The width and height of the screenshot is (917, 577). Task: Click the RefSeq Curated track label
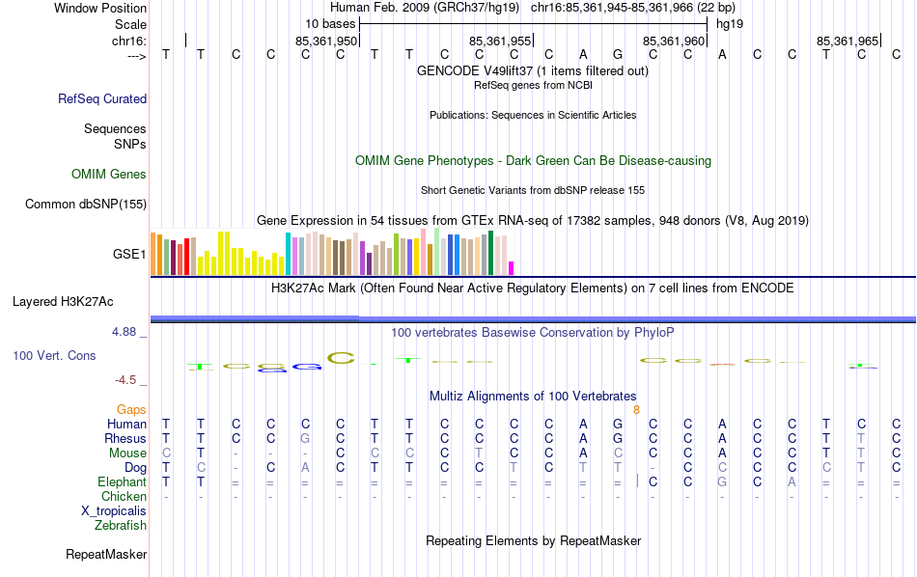pos(102,98)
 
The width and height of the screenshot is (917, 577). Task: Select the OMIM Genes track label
pos(109,175)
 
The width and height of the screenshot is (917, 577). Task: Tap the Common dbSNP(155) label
pos(86,204)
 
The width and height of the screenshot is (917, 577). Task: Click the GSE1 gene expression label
pos(129,255)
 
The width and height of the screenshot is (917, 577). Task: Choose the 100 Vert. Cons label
pos(54,356)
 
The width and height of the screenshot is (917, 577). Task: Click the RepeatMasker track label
pos(106,555)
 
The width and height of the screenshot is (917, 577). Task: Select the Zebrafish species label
pos(121,526)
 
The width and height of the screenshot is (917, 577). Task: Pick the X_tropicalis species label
pos(115,511)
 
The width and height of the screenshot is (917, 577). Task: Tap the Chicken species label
pos(124,497)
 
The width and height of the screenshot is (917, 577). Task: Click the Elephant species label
pos(122,482)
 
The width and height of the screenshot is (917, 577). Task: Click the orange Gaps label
pos(131,410)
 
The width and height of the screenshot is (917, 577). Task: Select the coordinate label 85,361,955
pos(500,41)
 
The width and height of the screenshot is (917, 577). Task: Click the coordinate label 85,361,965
pos(848,41)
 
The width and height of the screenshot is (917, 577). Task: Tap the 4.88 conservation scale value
pos(125,332)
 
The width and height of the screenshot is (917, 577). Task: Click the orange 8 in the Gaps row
pos(636,410)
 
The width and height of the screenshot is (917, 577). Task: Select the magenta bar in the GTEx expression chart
pos(512,268)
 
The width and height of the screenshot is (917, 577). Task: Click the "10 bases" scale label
pos(330,22)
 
